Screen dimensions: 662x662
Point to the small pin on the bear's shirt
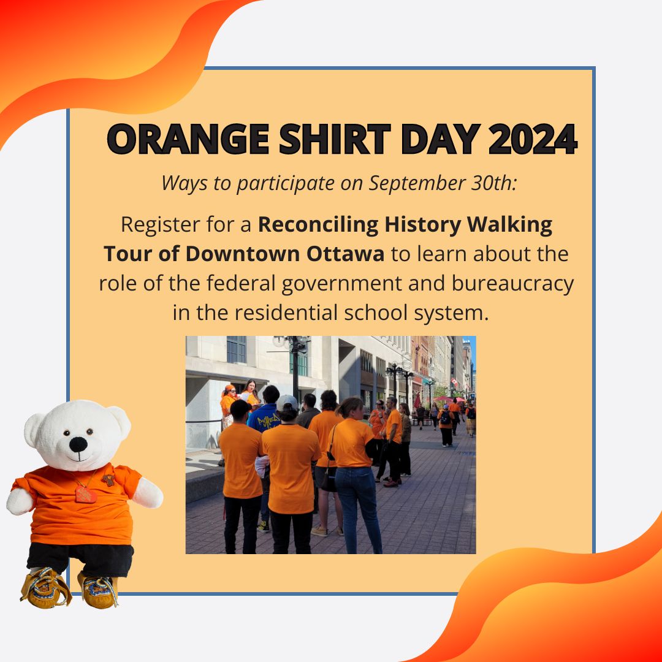(x=109, y=479)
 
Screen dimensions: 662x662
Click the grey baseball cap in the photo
(x=286, y=403)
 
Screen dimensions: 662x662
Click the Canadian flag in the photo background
(x=454, y=382)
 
